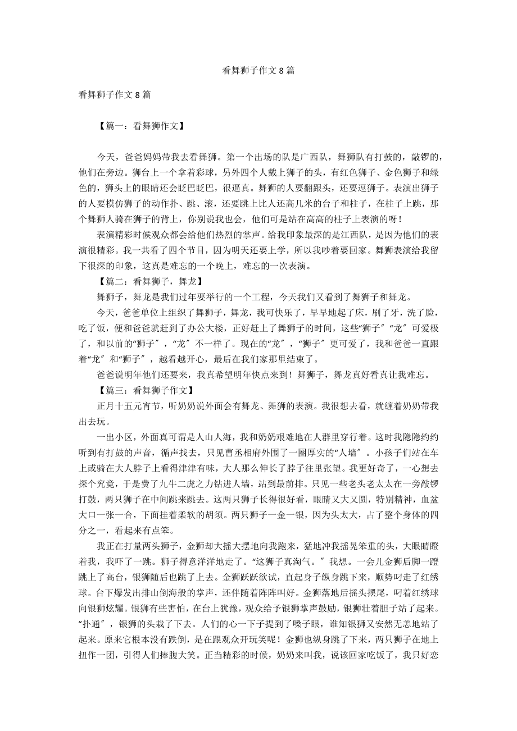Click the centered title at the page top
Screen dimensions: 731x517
258,71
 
